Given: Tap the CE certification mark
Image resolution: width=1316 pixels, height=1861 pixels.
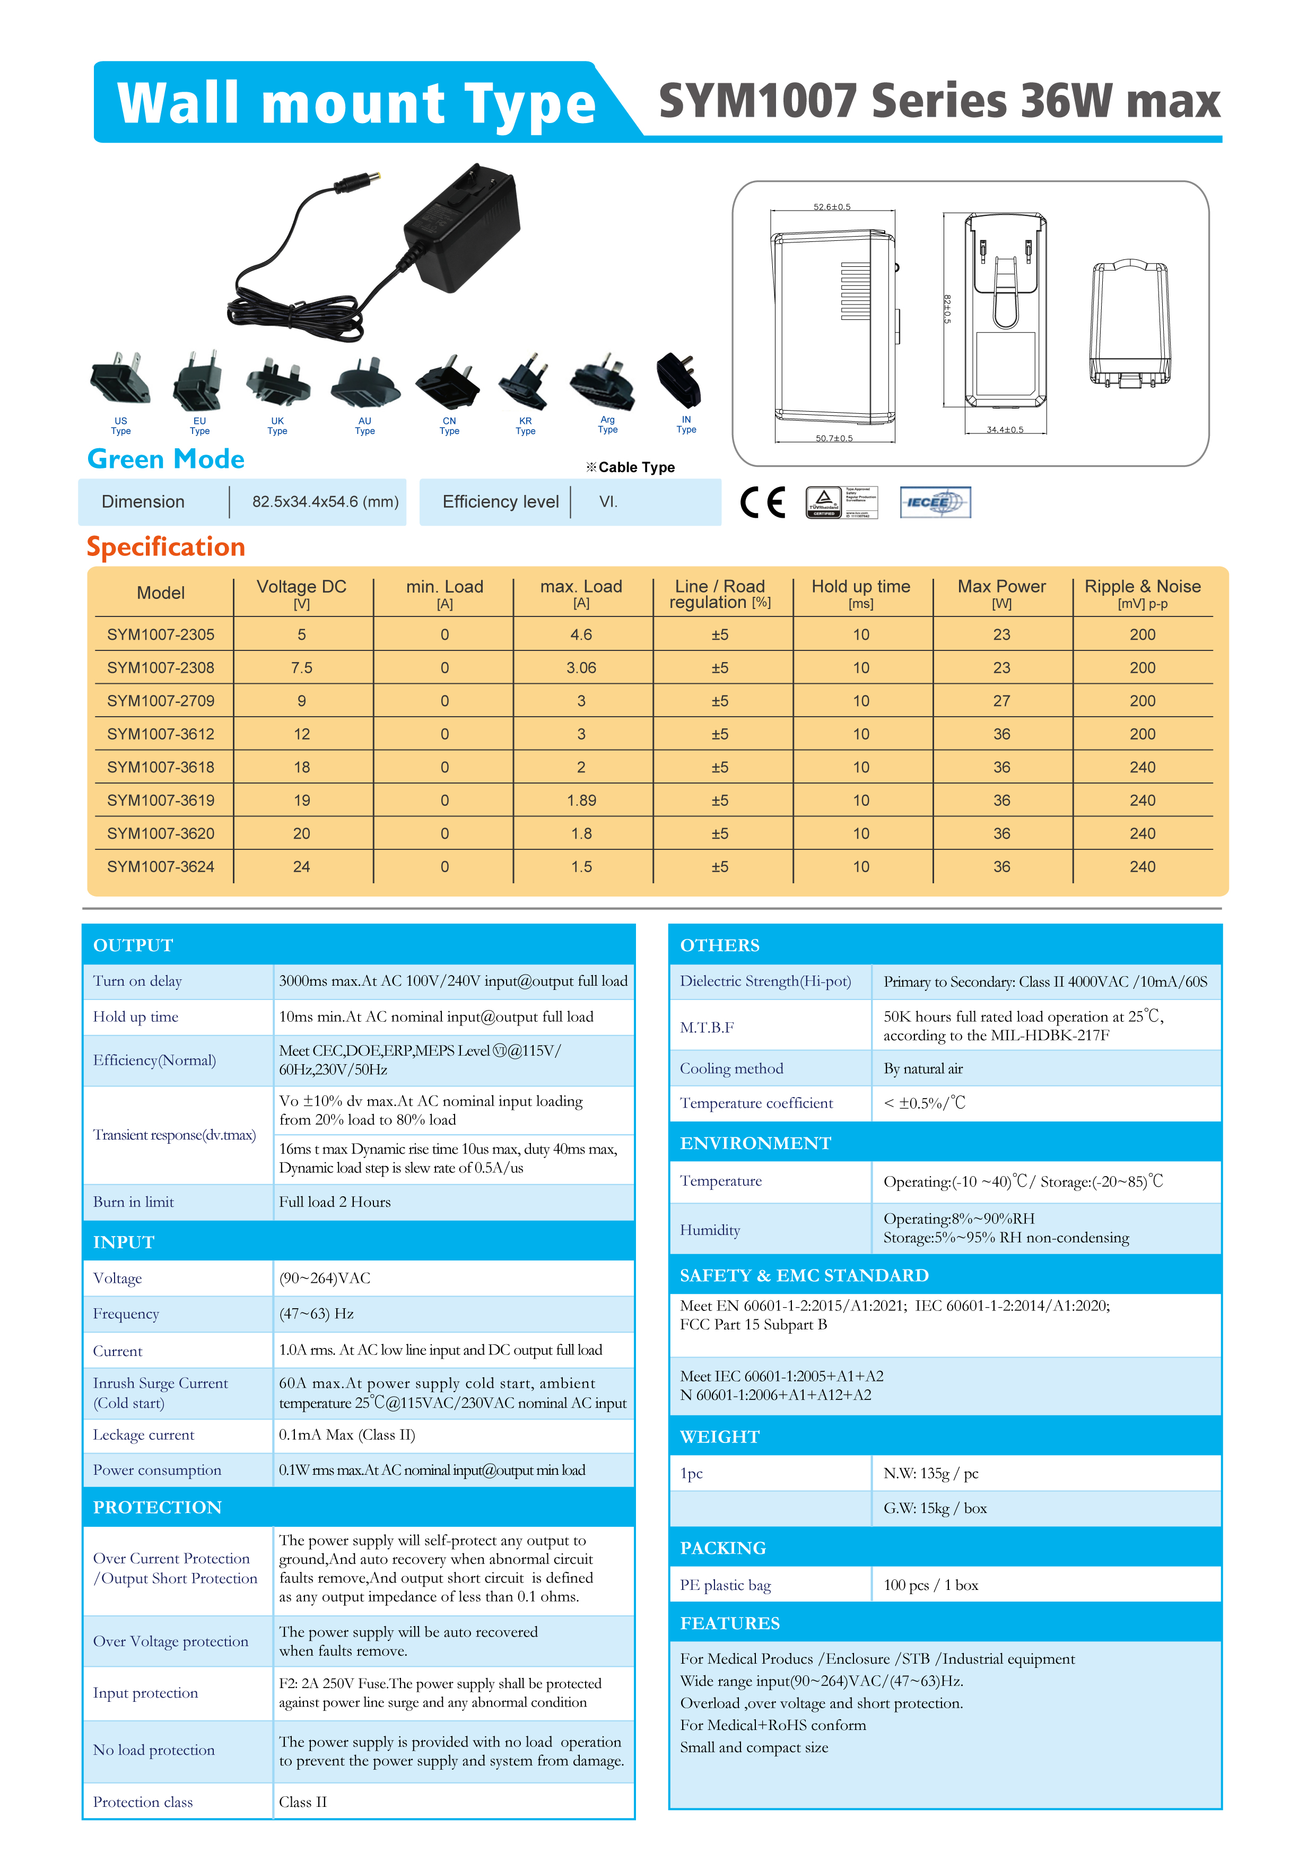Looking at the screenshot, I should coord(763,502).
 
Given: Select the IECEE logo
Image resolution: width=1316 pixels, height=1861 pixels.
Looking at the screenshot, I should coord(935,502).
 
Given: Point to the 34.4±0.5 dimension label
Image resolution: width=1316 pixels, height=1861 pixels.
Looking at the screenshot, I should coord(1004,430).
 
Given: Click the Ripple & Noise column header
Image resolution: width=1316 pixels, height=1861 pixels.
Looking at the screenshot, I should coord(1142,593).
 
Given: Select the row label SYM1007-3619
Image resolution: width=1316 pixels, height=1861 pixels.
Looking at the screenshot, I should coord(160,800).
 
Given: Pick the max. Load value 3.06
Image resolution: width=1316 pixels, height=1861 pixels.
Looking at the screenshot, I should coord(581,668).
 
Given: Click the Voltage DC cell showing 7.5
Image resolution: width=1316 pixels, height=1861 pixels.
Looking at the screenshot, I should coord(301,668).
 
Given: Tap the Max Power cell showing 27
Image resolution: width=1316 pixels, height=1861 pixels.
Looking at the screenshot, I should coord(1001,701).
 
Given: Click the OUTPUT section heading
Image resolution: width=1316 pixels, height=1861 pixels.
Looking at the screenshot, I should coord(133,945).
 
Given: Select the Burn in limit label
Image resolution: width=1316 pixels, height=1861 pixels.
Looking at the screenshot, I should coord(134,1202).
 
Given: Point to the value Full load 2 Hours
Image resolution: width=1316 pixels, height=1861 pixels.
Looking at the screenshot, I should coord(335,1202).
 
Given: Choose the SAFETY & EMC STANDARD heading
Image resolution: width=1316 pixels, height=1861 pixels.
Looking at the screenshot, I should coord(804,1276).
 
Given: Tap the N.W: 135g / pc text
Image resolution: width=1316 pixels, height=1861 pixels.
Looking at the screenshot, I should coord(930,1474).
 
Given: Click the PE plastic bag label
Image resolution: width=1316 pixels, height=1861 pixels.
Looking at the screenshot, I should coord(725,1586).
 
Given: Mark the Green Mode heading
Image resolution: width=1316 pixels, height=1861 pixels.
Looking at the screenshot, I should coord(165,459).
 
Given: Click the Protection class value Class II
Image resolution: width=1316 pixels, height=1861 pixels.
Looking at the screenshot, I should coord(303,1802).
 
